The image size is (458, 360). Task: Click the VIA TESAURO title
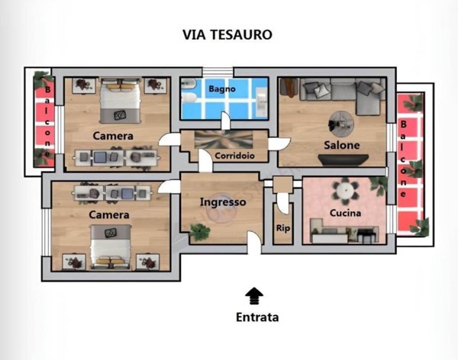(x=227, y=34)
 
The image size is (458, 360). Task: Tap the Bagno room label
(x=222, y=88)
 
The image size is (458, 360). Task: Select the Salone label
(x=342, y=145)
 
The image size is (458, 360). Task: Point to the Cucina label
(x=345, y=213)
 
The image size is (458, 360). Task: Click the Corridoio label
(x=234, y=156)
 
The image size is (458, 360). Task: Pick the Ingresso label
(x=223, y=202)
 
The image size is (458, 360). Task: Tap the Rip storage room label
(x=282, y=228)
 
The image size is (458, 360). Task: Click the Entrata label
(x=257, y=317)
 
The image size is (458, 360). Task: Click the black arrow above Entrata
(x=254, y=296)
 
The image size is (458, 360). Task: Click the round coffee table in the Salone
(x=341, y=124)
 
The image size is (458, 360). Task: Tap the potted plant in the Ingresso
(x=200, y=230)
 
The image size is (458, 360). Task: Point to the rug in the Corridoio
(x=224, y=140)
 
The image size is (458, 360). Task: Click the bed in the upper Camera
(x=120, y=100)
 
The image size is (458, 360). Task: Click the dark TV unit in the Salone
(x=343, y=160)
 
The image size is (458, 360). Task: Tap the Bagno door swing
(x=225, y=121)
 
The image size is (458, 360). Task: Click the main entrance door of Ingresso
(x=254, y=243)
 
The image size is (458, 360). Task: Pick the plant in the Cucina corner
(x=379, y=183)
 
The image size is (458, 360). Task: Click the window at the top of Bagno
(x=218, y=72)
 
